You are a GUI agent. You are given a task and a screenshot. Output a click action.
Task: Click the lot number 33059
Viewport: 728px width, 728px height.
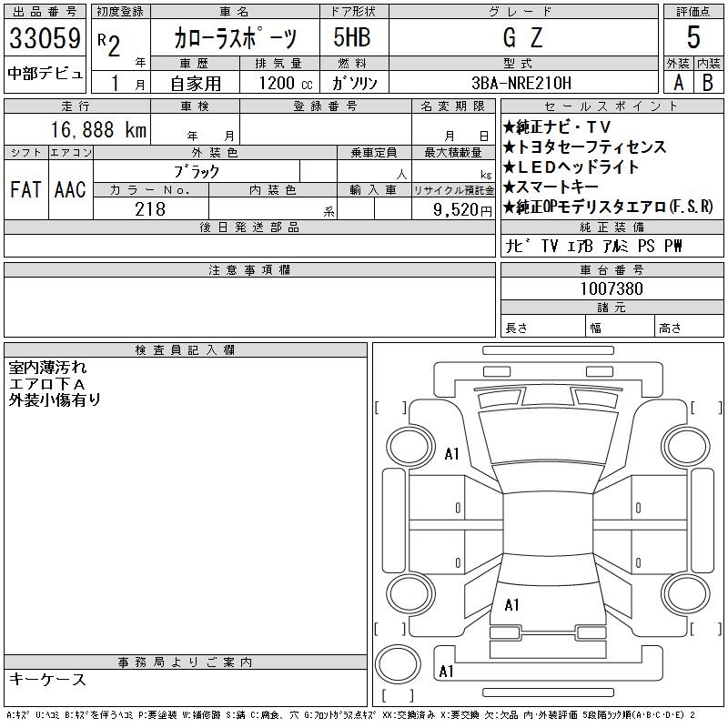[45, 38]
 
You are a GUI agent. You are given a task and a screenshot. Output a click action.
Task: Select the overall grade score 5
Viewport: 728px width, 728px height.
[693, 37]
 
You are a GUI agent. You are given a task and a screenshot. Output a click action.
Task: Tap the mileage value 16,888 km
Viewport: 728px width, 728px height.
[98, 129]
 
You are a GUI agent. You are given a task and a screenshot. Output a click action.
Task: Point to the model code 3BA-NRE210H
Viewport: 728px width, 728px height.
[521, 83]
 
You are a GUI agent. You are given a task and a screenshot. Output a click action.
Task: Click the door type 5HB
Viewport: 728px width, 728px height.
[352, 37]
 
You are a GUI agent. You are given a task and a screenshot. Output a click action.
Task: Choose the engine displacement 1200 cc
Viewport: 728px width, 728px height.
[286, 83]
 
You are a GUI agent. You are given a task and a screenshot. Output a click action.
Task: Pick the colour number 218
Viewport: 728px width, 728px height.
[150, 209]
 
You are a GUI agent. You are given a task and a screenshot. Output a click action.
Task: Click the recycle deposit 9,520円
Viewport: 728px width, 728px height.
[462, 210]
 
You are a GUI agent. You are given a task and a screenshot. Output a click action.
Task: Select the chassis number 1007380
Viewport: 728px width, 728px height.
[612, 288]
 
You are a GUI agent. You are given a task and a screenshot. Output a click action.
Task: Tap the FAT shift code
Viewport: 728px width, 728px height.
[25, 189]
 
